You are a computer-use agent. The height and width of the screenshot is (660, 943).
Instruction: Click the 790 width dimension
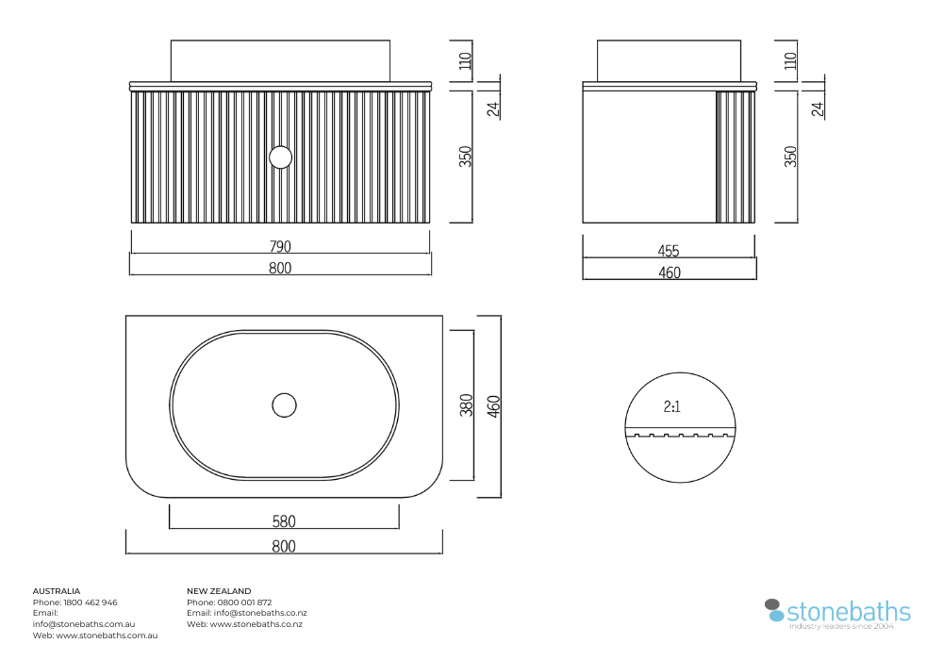(280, 246)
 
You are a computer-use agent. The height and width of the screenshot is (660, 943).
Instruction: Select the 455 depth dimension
(669, 251)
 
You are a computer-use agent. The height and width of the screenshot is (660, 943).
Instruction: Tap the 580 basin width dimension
(284, 521)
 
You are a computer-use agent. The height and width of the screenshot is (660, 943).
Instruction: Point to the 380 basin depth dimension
(466, 405)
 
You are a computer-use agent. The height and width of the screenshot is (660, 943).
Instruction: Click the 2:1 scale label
(671, 407)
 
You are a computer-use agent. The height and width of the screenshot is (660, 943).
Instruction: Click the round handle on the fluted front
(280, 157)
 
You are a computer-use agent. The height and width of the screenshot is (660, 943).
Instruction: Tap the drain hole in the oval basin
(284, 405)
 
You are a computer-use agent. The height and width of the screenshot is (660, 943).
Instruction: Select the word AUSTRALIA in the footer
(57, 591)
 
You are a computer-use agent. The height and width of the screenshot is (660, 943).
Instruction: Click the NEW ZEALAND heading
(219, 591)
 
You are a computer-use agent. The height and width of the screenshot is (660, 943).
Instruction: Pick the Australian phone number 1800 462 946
(91, 602)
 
